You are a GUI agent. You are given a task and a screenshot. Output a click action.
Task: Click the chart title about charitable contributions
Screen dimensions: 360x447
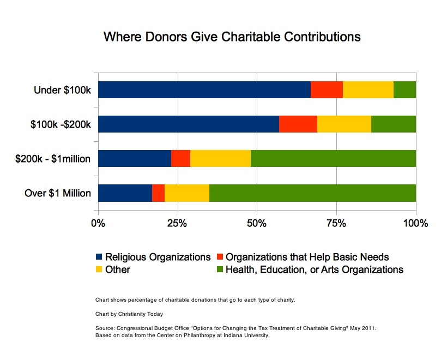[x=232, y=37]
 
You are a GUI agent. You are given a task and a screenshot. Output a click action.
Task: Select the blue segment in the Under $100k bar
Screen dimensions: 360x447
[x=204, y=89]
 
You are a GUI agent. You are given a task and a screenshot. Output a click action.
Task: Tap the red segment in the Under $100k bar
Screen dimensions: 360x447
[x=327, y=89]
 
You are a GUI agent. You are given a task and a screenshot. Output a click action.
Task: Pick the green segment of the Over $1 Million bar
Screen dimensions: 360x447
[x=312, y=193]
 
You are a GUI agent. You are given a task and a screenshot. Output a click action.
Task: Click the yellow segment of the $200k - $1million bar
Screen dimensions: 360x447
[x=220, y=159]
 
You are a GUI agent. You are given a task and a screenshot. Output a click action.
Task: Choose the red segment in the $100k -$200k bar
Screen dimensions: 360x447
[x=298, y=124]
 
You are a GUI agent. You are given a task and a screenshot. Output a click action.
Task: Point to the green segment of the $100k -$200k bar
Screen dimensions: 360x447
[x=393, y=124]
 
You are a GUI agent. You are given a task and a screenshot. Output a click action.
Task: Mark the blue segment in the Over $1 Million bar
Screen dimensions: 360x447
[x=125, y=193]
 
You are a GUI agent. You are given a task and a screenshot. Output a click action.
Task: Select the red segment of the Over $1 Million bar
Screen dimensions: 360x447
[x=158, y=193]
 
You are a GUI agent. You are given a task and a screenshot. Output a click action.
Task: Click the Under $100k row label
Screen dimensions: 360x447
[x=62, y=89]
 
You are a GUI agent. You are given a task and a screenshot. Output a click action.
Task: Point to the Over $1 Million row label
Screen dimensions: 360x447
[x=58, y=193]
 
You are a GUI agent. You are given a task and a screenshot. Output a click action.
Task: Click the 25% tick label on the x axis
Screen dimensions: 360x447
[x=177, y=223]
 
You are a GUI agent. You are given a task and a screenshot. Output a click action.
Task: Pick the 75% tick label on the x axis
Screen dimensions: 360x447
[x=336, y=223]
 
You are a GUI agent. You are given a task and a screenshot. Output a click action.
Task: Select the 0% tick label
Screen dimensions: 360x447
[x=98, y=223]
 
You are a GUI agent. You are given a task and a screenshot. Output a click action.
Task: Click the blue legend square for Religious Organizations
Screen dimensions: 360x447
[x=99, y=256]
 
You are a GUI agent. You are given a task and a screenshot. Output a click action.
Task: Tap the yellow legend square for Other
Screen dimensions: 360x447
[x=99, y=269]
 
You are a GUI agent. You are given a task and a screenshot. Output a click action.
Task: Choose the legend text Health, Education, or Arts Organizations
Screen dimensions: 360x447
[x=315, y=269]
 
